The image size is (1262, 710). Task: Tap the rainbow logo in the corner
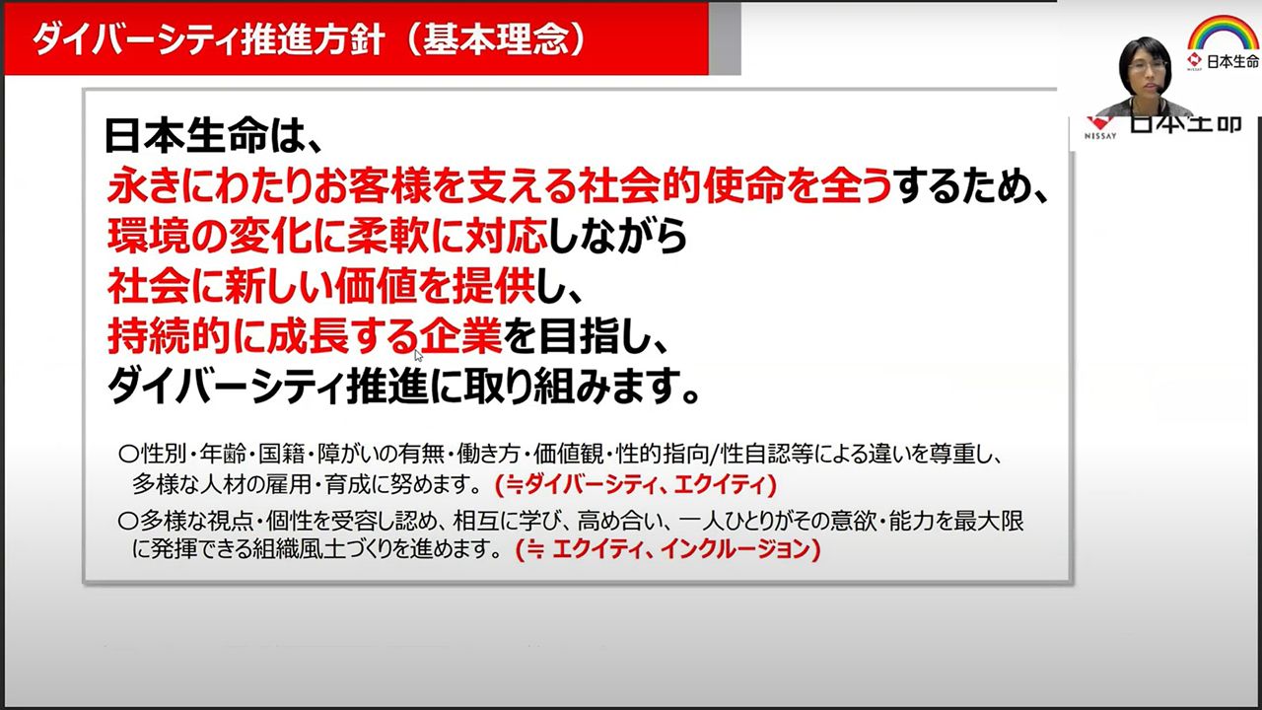1223,33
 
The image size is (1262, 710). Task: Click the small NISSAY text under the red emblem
1099,136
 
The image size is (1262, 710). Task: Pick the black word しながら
617,235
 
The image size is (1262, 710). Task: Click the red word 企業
460,336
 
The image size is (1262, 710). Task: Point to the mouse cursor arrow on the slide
418,356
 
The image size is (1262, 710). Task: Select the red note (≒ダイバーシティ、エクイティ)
636,484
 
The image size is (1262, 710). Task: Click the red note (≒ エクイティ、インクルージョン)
668,549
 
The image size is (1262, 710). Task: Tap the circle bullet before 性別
128,455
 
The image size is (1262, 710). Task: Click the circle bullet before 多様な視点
128,522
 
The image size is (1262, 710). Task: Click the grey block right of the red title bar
725,38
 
